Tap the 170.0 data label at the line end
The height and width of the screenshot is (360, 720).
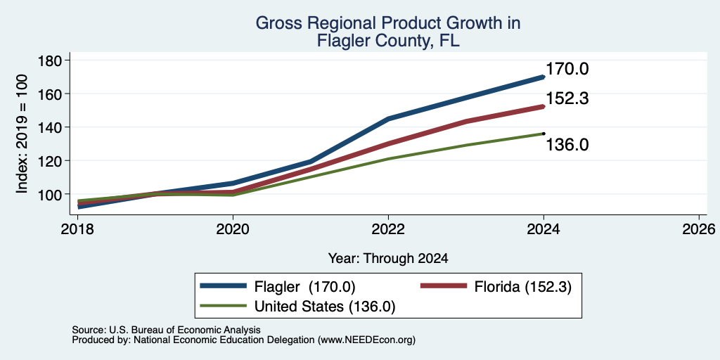click(x=567, y=70)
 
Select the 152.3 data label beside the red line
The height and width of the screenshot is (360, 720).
click(x=567, y=98)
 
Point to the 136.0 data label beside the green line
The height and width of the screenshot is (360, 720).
click(x=567, y=145)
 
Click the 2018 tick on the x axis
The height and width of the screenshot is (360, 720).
click(x=77, y=229)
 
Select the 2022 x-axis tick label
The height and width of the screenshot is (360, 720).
click(x=388, y=229)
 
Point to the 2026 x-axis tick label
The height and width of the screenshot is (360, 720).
click(x=700, y=229)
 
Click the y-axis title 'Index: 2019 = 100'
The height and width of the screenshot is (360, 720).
click(x=22, y=134)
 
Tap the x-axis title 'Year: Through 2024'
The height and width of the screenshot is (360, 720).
click(x=388, y=259)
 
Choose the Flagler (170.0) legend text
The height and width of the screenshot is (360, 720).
click(x=305, y=287)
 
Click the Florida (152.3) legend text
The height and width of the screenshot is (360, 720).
click(x=523, y=287)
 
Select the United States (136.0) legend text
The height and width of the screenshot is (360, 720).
click(x=325, y=307)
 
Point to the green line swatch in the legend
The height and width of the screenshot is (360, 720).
click(x=224, y=306)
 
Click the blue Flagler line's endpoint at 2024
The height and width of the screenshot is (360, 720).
click(x=544, y=77)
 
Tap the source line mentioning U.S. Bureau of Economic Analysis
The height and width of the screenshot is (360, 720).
click(x=166, y=330)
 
